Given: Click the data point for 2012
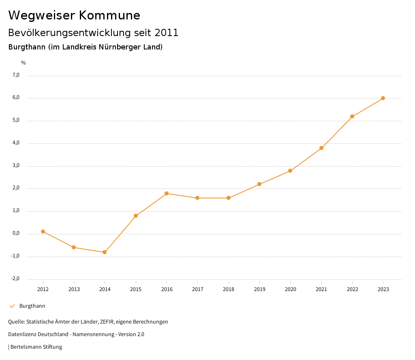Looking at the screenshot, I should coord(43,231).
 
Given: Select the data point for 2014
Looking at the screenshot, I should coord(105,252).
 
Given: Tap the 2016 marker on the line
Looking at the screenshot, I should coord(167,193).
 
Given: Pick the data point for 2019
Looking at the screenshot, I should coord(259,184).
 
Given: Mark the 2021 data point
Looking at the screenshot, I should coord(321,148).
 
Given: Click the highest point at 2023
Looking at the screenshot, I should coord(383,98).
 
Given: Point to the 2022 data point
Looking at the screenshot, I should coord(352,116).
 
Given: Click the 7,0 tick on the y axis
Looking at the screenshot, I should coord(16,75).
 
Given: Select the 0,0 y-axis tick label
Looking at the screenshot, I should coord(16,234).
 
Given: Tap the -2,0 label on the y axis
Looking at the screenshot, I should coord(15,279).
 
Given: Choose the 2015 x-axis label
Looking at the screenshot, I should coord(136,289).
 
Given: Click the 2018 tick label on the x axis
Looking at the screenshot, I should coord(229,289).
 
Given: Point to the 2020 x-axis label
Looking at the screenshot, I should coord(291,289).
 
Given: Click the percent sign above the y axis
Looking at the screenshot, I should coord(24,63).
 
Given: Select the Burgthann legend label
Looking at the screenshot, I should coord(32,306).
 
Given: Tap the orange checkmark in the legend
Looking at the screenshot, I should coord(12,306).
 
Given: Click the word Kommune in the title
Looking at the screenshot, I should coord(109,15).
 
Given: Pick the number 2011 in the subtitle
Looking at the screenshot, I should coord(167,33).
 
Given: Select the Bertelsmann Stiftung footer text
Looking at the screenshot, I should coord(36,347).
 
